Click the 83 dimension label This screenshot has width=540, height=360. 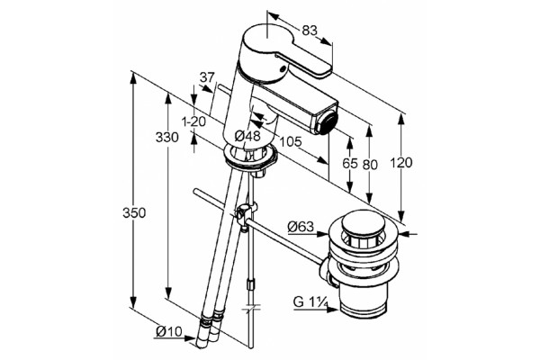coord(310,31)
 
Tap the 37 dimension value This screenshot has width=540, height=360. coord(207,77)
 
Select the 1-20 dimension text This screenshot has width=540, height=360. coord(193,121)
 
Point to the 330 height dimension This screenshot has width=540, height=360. coord(167,138)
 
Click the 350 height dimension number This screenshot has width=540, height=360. coord(134,213)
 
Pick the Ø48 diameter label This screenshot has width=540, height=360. coord(247,136)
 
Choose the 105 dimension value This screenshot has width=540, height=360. coord(291,141)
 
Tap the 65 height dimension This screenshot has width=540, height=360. coord(350,163)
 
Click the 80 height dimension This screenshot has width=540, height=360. coord(370,165)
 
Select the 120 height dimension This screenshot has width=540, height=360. coord(401,163)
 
